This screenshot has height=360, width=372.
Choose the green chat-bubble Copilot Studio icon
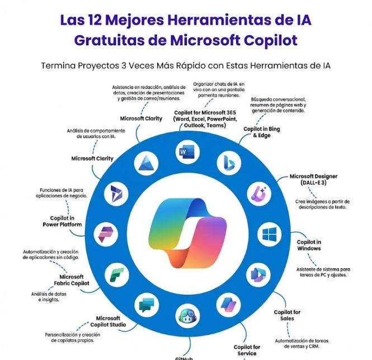(145, 304)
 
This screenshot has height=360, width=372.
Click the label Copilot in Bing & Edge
(261, 132)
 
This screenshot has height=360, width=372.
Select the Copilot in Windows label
(309, 245)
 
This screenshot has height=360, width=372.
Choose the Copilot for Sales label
(287, 315)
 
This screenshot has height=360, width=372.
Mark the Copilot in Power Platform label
(62, 221)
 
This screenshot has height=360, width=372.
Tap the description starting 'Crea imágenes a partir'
(322, 204)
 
